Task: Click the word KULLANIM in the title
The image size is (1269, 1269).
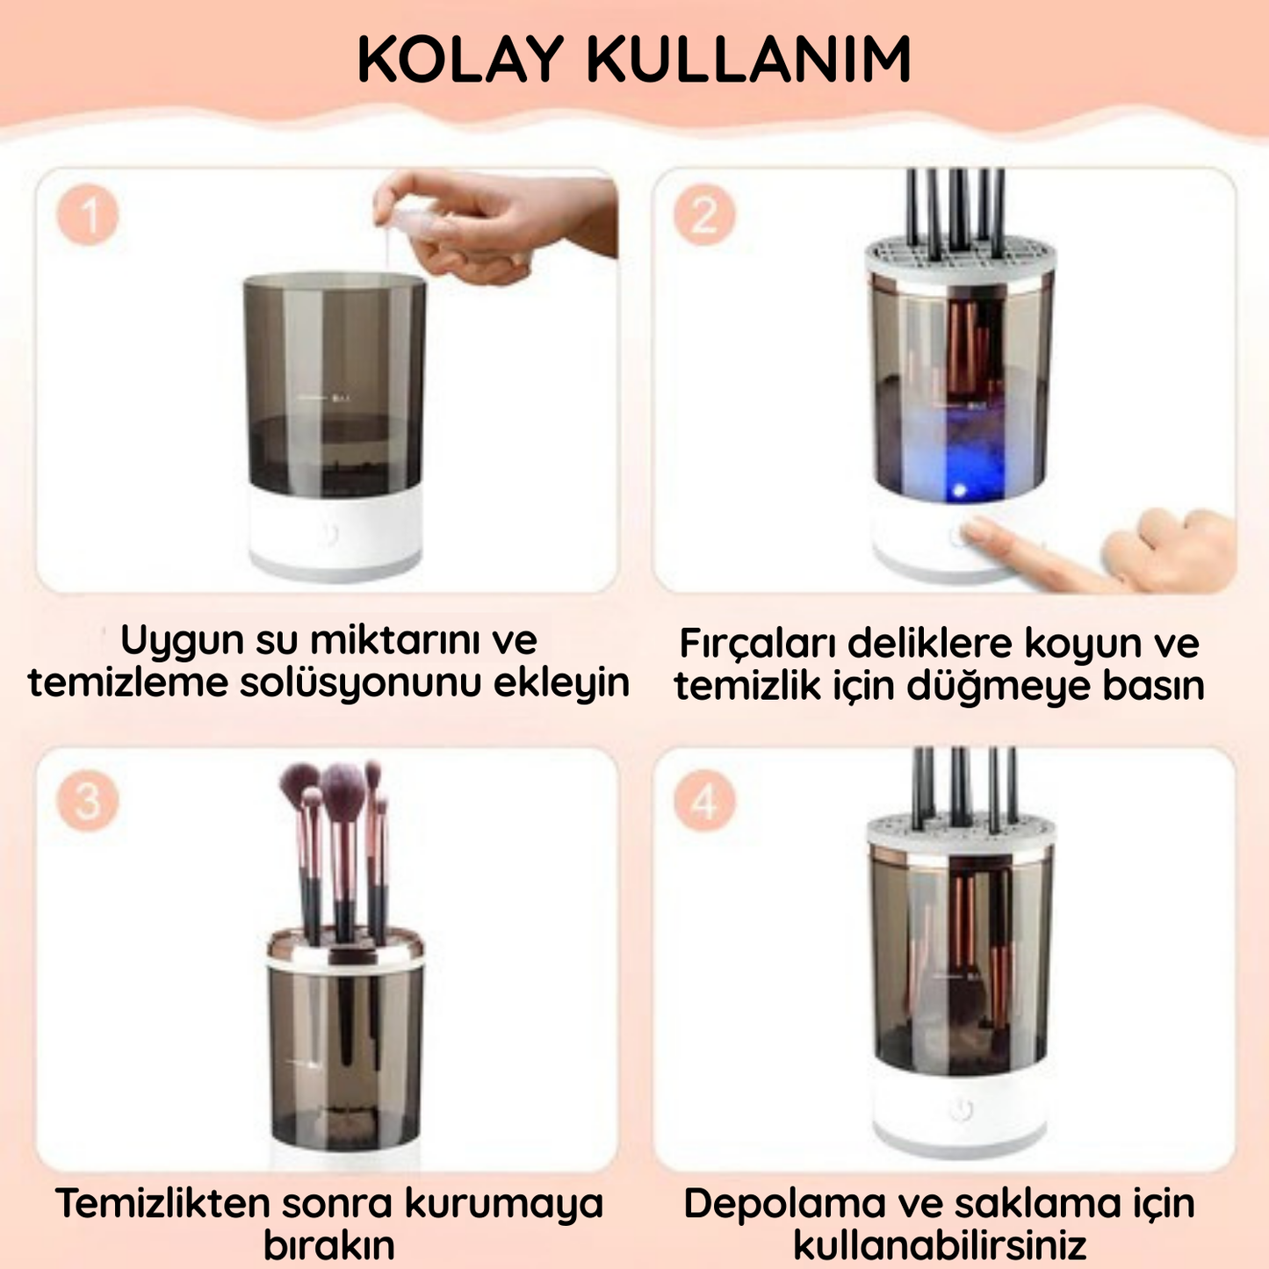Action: click(x=748, y=61)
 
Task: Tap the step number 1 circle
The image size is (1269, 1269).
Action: click(x=88, y=214)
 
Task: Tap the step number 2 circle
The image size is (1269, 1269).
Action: click(x=704, y=214)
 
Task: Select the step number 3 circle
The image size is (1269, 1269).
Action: click(x=88, y=801)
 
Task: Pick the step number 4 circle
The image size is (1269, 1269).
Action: click(x=704, y=803)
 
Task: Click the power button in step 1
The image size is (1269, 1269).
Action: click(x=329, y=534)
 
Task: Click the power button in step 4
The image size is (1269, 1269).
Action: click(x=960, y=1110)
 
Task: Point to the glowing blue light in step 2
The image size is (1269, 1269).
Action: click(x=960, y=489)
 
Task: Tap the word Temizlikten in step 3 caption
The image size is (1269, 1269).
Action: click(x=162, y=1203)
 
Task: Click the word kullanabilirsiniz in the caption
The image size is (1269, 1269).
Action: click(x=940, y=1245)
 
